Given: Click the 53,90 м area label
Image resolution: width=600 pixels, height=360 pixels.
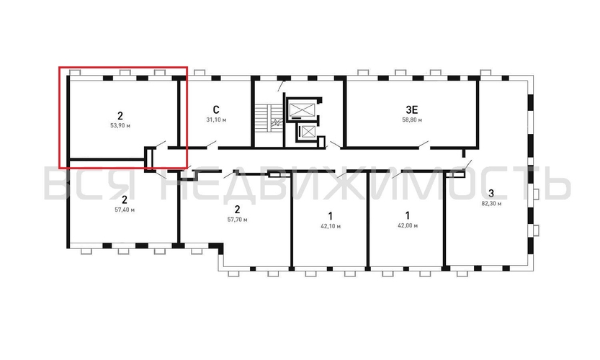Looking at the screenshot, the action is pyautogui.click(x=120, y=125).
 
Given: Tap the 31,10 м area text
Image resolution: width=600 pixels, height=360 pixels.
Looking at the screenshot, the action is pyautogui.click(x=216, y=120).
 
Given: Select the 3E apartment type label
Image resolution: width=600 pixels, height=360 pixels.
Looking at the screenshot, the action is pyautogui.click(x=412, y=109).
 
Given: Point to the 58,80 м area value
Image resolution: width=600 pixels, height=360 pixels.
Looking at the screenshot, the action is pyautogui.click(x=412, y=120).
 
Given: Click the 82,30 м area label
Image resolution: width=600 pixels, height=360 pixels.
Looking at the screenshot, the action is pyautogui.click(x=491, y=204).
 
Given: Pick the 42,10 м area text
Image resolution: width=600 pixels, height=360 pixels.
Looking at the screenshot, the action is pyautogui.click(x=331, y=226).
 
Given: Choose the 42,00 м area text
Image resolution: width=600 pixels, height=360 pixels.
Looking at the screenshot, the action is pyautogui.click(x=408, y=225).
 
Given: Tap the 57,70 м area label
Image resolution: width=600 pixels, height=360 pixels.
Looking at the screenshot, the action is pyautogui.click(x=237, y=220).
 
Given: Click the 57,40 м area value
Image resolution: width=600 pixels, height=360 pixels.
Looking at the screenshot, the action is pyautogui.click(x=125, y=210).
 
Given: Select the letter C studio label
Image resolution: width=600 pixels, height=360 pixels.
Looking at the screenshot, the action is pyautogui.click(x=216, y=110).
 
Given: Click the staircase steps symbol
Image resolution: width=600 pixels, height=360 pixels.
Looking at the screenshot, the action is pyautogui.click(x=264, y=117).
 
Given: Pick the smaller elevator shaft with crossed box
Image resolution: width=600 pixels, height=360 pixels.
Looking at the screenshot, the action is pyautogui.click(x=308, y=132).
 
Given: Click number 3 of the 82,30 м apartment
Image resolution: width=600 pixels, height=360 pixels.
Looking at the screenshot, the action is pyautogui.click(x=491, y=193).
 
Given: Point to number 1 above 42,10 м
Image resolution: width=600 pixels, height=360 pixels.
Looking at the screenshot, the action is pyautogui.click(x=331, y=215).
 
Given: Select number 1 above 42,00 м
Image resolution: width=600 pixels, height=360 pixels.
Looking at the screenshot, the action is pyautogui.click(x=408, y=215).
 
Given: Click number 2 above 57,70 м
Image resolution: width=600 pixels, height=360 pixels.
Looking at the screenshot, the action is pyautogui.click(x=237, y=210).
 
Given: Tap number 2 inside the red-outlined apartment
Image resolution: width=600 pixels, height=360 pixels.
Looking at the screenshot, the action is pyautogui.click(x=120, y=115).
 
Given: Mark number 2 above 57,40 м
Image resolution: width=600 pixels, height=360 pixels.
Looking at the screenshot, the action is pyautogui.click(x=125, y=199).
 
